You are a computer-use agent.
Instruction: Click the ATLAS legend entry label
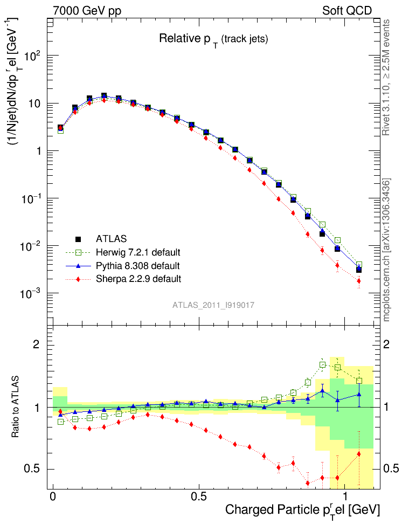click(x=112, y=238)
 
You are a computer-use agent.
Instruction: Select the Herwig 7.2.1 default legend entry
click(x=138, y=252)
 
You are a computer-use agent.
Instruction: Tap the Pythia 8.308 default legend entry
click(x=137, y=265)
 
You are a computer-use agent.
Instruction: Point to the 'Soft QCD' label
click(x=347, y=10)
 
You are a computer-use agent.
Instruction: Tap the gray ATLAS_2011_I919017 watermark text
click(x=213, y=305)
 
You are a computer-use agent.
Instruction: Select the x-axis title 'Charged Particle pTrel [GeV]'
click(x=302, y=509)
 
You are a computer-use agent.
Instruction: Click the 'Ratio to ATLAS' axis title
click(x=16, y=407)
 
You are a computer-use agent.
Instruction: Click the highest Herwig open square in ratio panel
click(x=323, y=365)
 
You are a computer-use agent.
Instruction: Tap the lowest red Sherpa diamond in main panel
click(x=359, y=281)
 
